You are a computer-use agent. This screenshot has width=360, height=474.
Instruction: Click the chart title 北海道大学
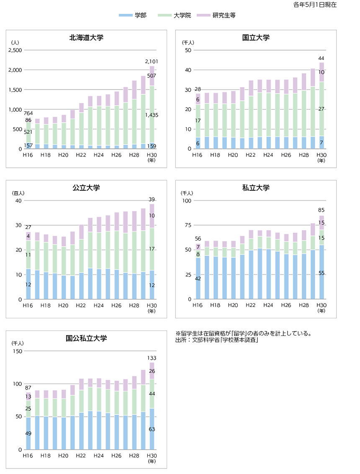point(86,38)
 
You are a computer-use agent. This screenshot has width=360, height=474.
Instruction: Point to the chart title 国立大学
point(256,38)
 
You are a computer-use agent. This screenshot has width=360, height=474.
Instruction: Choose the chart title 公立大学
point(86,188)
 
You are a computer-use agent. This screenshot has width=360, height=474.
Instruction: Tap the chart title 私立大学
point(256,188)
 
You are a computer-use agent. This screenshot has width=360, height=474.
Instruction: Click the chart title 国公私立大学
point(86,338)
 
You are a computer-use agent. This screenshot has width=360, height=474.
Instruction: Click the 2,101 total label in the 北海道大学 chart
point(152,61)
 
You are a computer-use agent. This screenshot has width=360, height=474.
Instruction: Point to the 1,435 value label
point(152,115)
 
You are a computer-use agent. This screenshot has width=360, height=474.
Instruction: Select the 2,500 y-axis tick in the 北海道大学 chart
point(15,50)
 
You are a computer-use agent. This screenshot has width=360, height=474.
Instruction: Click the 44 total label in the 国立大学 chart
point(321,58)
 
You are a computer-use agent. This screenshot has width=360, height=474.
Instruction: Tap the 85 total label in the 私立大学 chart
point(321,210)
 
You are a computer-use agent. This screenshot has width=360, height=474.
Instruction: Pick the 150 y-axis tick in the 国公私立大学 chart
point(17,351)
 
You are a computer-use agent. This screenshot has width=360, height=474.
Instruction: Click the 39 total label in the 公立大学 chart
point(152,199)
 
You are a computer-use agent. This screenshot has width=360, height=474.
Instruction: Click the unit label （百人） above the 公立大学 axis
point(18,193)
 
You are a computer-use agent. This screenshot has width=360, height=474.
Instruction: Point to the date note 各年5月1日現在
point(315,5)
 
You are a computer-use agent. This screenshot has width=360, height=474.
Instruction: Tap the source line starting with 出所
point(217,341)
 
